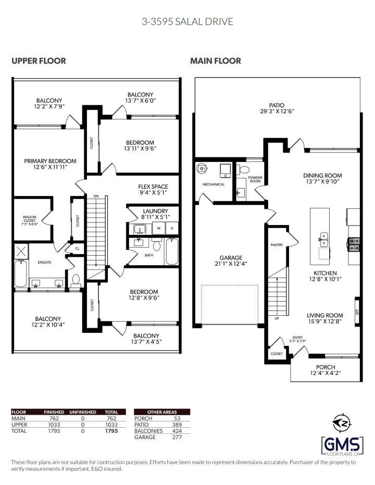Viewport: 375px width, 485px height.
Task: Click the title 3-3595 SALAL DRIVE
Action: pos(187,21)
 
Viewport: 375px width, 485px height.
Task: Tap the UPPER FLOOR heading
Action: pos(39,61)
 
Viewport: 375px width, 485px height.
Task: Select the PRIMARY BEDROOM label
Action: pos(50,161)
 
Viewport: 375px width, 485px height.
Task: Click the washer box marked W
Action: pos(158,228)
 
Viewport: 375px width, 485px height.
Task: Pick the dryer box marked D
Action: pos(172,228)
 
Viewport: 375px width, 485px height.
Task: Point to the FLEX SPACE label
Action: pos(153,186)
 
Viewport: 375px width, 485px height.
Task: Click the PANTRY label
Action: pos(276,244)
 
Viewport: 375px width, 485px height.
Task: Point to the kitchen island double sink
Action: pos(323,239)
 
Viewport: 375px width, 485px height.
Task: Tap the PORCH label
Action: pos(326,367)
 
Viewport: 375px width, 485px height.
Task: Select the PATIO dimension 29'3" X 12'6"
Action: pos(277,111)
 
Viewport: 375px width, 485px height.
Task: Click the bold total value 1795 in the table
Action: pos(111,431)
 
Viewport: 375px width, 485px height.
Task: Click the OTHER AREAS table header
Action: pos(162,412)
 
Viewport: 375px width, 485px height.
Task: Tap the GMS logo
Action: pos(341,437)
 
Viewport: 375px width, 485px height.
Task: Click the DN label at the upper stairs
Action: pos(96,196)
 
